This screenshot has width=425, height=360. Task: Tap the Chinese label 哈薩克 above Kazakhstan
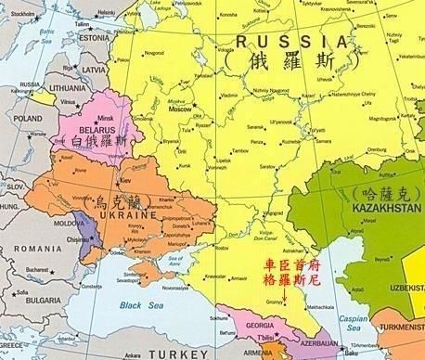point(380,193)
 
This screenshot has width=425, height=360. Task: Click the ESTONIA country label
point(94,37)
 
